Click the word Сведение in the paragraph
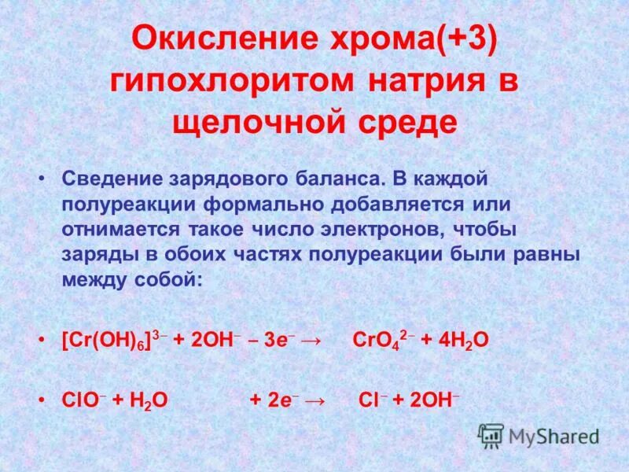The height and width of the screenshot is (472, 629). [x=106, y=179]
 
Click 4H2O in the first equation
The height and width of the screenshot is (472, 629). [x=460, y=339]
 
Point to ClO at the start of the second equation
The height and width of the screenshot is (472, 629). [x=78, y=399]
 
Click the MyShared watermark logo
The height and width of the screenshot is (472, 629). [x=539, y=435]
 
